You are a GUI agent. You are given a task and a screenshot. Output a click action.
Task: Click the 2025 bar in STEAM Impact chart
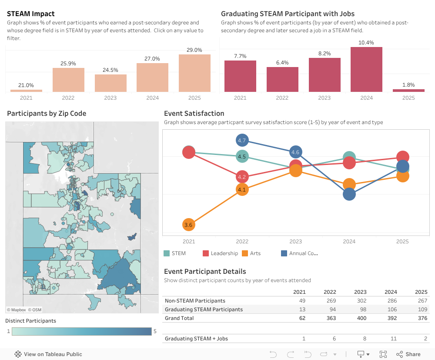coord(194,73)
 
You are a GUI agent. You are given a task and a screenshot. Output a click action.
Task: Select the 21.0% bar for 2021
coord(26,91)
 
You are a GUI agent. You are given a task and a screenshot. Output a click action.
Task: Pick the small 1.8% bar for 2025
coord(408,91)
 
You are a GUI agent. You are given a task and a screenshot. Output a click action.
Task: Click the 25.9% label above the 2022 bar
coord(68,64)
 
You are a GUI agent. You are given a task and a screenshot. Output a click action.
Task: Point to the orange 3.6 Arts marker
coord(188,225)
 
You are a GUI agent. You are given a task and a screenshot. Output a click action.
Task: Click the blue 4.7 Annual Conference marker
coord(242,140)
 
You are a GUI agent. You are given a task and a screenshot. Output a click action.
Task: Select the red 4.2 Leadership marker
coord(242,177)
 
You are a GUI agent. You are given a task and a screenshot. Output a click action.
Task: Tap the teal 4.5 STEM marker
coord(242,157)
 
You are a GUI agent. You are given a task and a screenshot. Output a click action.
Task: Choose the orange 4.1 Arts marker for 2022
coord(242,189)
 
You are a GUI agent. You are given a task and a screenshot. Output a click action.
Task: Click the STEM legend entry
coord(175,253)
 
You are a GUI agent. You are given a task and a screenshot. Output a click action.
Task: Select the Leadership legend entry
coord(220,253)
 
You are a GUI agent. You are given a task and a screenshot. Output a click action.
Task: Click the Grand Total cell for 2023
coord(360,318)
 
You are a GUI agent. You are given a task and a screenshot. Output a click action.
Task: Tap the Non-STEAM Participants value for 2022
coord(330,301)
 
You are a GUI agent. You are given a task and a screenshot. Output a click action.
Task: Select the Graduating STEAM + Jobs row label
coord(196,339)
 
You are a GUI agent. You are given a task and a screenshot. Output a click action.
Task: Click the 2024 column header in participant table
coord(391,292)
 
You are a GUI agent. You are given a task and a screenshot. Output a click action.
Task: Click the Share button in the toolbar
coord(408,354)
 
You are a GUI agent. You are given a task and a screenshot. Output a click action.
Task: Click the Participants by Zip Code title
coord(47,114)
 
